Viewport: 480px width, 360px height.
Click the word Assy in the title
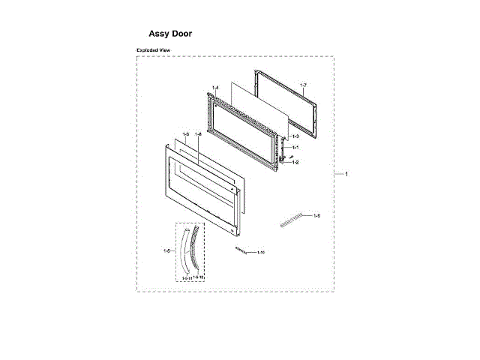pos(160,34)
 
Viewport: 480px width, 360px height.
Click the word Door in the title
pos(182,34)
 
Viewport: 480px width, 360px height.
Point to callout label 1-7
pos(303,87)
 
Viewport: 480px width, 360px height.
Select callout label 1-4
pos(214,89)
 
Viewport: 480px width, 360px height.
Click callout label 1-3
pos(295,136)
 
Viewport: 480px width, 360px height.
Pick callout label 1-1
pos(295,147)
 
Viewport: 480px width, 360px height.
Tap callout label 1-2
pos(295,162)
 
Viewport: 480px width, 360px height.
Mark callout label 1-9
pos(317,216)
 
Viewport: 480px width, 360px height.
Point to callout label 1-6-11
pos(186,277)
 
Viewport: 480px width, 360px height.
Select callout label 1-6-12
pos(199,277)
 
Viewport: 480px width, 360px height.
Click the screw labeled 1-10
pos(241,250)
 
